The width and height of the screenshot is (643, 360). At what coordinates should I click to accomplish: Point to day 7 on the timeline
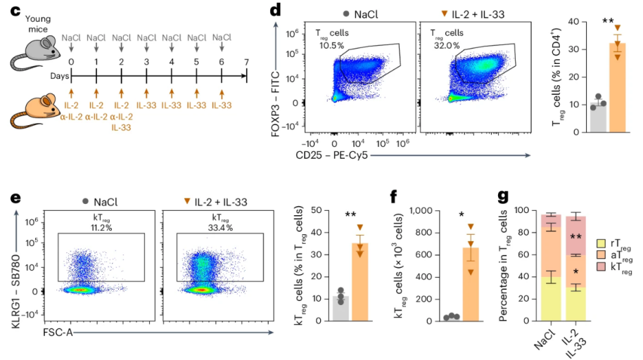click(x=246, y=62)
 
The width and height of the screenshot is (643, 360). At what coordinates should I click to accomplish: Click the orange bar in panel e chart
click(x=361, y=281)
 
